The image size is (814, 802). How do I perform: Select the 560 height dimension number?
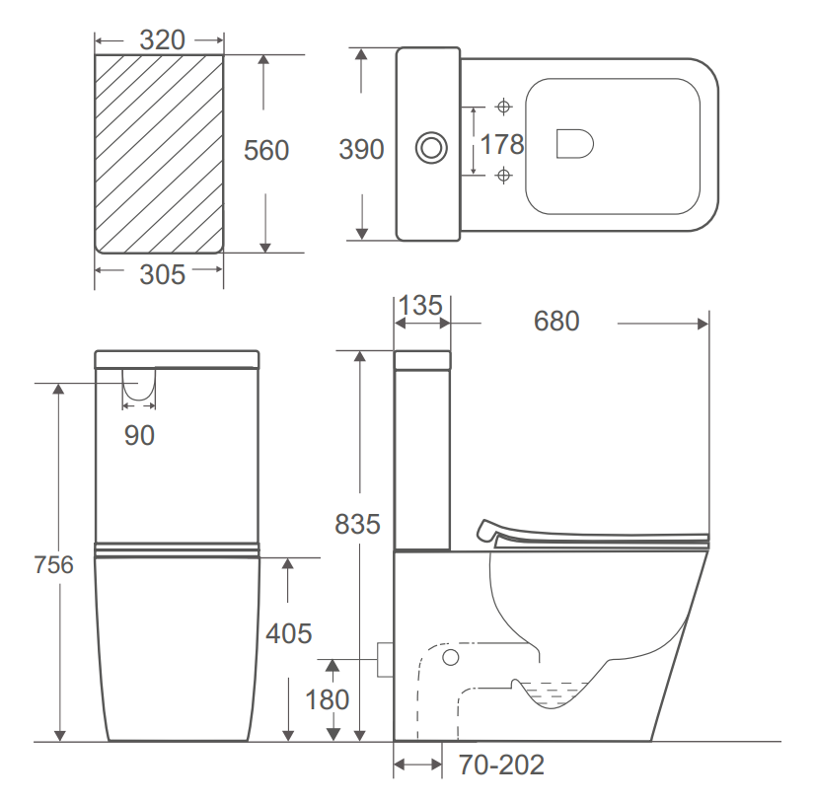266,151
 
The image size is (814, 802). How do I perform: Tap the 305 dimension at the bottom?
162,274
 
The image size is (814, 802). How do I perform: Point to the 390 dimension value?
361,150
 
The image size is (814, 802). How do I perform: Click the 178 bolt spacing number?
501,144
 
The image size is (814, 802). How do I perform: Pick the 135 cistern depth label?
421,305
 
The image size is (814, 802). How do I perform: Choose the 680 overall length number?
556,322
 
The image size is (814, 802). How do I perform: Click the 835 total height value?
357,524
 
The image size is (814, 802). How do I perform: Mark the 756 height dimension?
52,565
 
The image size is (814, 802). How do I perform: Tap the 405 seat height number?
288,632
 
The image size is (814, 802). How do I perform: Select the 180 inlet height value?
327,699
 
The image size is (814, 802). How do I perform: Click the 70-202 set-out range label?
501,766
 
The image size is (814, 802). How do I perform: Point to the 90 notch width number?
139,435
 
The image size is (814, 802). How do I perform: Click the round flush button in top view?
430,147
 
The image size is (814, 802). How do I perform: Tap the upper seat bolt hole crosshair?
504,106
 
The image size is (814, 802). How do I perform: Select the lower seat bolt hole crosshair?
504,176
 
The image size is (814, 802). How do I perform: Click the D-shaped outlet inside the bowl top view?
574,144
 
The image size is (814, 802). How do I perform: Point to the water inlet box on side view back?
386,659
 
